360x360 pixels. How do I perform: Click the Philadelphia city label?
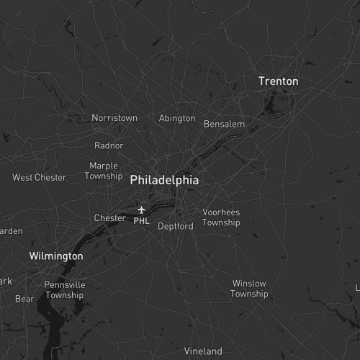coord(164,181)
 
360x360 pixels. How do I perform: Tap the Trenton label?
coord(278,81)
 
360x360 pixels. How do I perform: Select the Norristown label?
coord(114,117)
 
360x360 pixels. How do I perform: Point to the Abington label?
coord(176,118)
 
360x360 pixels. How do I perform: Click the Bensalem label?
coord(224,124)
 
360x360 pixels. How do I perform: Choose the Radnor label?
coord(109,145)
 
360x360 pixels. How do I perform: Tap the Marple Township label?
coord(104,171)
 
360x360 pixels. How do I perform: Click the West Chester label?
coord(39,177)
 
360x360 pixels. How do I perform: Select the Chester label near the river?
coord(109,217)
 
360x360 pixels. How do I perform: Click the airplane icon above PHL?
coord(141,210)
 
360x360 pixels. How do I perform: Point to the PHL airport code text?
coord(141,221)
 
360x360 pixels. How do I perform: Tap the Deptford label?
coord(176,226)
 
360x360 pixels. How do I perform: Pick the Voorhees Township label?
coord(221,217)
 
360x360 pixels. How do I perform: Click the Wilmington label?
coord(56,256)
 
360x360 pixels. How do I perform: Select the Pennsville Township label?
coord(64,289)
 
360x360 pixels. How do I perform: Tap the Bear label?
coord(24,299)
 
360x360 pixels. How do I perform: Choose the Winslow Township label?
coord(249,289)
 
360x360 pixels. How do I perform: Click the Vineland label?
coord(203,351)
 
